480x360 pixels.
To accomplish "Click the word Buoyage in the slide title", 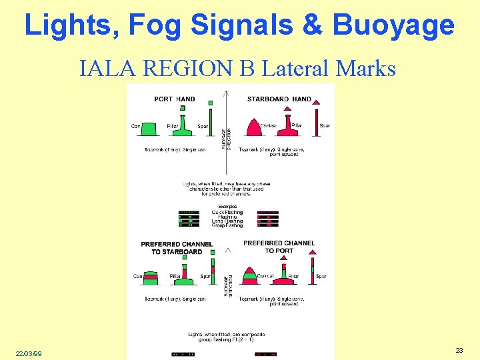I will (x=393, y=25).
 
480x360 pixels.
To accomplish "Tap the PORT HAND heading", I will (x=175, y=99).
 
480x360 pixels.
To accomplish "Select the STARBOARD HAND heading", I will (x=279, y=99).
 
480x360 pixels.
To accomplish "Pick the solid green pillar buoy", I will (x=183, y=126).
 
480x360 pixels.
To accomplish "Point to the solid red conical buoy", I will (x=254, y=126).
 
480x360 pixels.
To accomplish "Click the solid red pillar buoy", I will (x=288, y=125).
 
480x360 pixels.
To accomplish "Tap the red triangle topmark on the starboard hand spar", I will (x=317, y=102).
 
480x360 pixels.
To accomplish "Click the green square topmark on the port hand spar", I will (x=210, y=103).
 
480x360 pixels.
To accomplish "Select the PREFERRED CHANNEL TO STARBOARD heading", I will (x=177, y=248).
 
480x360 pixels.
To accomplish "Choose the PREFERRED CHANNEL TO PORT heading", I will (x=279, y=247).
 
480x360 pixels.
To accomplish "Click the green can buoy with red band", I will (x=151, y=277).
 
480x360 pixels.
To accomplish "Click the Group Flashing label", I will (x=227, y=225).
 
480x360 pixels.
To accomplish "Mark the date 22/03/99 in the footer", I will (x=29, y=353).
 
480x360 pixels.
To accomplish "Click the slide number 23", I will (x=459, y=350).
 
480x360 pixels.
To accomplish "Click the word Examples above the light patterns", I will (x=227, y=207).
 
